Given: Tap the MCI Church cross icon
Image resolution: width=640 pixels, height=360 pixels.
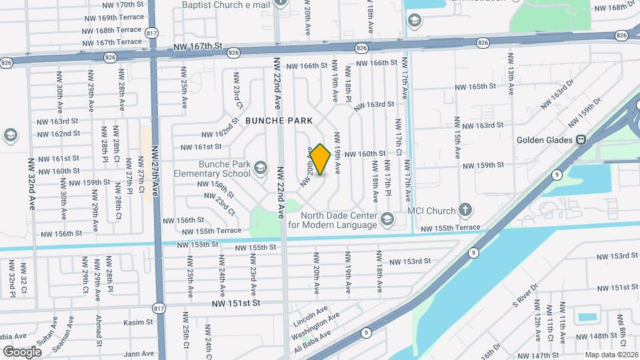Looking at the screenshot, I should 465,211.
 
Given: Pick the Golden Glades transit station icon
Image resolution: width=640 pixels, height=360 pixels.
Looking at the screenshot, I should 581,140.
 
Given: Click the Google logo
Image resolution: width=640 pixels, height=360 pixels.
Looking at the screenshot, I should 22,351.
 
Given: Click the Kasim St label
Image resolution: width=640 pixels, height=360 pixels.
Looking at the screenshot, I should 138,322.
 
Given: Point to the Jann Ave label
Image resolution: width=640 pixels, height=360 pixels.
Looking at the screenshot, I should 139,353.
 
